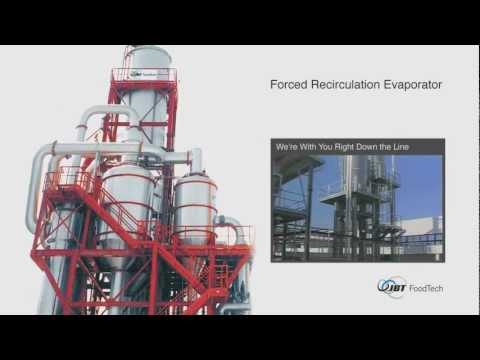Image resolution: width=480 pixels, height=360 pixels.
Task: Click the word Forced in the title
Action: pos(290,85)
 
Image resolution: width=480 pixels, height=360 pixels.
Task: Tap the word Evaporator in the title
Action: pos(415,85)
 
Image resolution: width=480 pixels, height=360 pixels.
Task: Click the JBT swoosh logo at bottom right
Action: pos(391,287)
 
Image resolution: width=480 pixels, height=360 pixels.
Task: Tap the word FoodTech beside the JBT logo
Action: pos(425,288)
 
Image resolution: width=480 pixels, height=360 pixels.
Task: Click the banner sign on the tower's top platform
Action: pos(141,74)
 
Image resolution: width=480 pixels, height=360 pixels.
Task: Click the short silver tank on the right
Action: pos(196,205)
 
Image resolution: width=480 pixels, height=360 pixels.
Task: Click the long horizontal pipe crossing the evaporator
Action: pos(110,149)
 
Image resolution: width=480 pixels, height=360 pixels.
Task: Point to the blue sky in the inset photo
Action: pos(420,180)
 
